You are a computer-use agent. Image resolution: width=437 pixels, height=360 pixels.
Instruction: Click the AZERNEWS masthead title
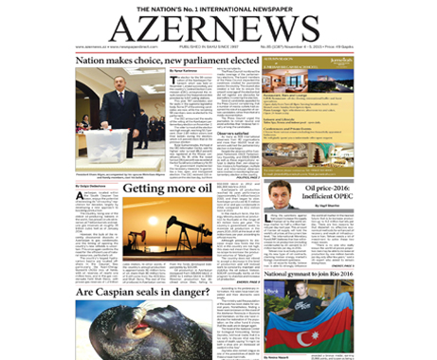coord(218,27)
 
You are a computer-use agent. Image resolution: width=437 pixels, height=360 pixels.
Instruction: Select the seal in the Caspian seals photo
coord(142,332)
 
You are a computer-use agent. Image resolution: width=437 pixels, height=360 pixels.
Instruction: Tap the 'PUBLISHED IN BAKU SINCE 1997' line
coord(218,45)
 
